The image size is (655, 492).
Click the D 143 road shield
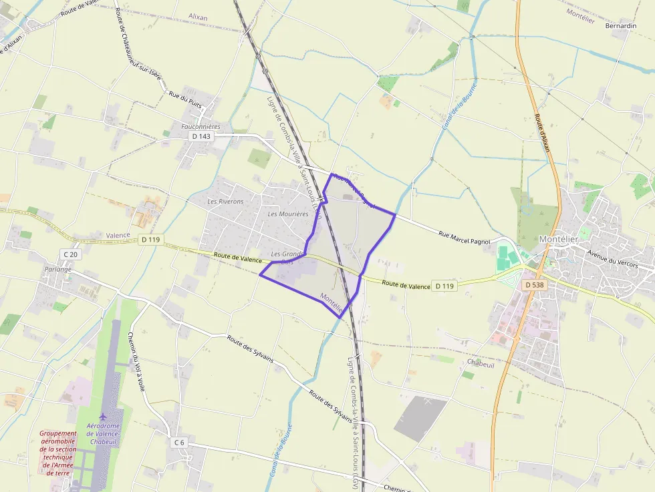tap(200, 136)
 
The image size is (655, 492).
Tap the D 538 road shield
tap(534, 284)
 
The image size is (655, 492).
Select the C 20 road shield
tap(70, 254)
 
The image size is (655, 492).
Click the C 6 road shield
tap(179, 442)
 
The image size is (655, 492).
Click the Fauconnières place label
tap(201, 126)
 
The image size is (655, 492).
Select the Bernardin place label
tap(620, 25)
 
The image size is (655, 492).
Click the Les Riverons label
tap(225, 201)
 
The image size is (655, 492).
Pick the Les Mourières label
tap(288, 214)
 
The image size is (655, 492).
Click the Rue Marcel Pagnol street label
tap(464, 238)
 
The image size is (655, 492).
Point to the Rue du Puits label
tap(185, 99)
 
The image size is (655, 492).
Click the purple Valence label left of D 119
tap(118, 236)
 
